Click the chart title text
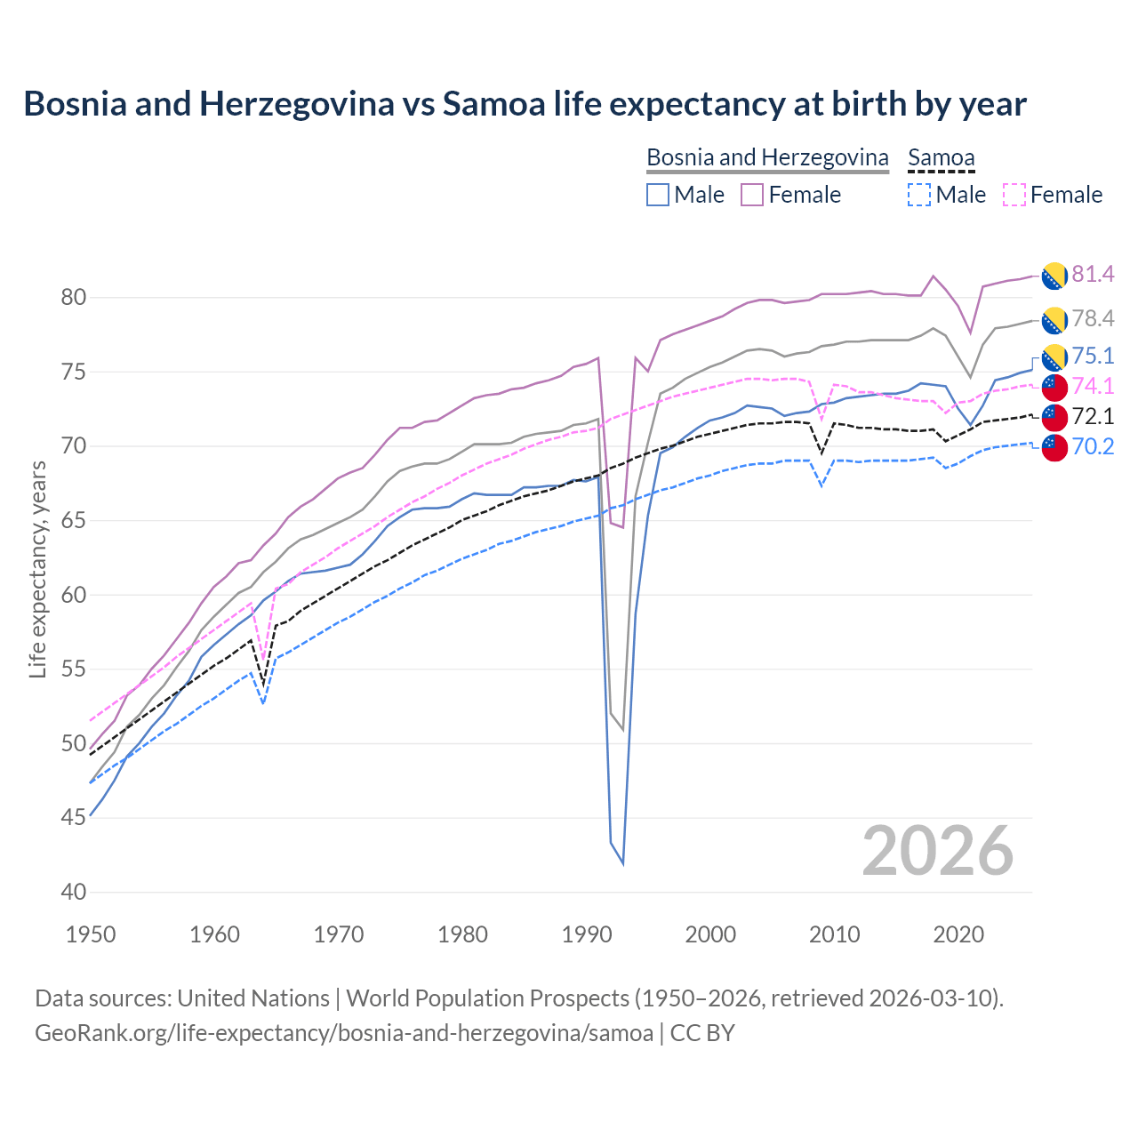525,104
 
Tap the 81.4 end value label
1093,274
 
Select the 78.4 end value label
1093,318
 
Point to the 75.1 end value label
1093,356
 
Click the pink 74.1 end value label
1093,386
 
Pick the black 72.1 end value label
1093,416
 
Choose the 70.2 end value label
1093,446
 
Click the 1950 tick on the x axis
92,934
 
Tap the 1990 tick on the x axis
587,934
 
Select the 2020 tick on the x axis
958,934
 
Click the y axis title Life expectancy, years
37,569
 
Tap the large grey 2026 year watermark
938,851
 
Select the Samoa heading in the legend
941,157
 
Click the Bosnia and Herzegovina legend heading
767,157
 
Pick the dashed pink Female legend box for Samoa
1014,195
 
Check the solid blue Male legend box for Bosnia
658,195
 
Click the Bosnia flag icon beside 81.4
1054,276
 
